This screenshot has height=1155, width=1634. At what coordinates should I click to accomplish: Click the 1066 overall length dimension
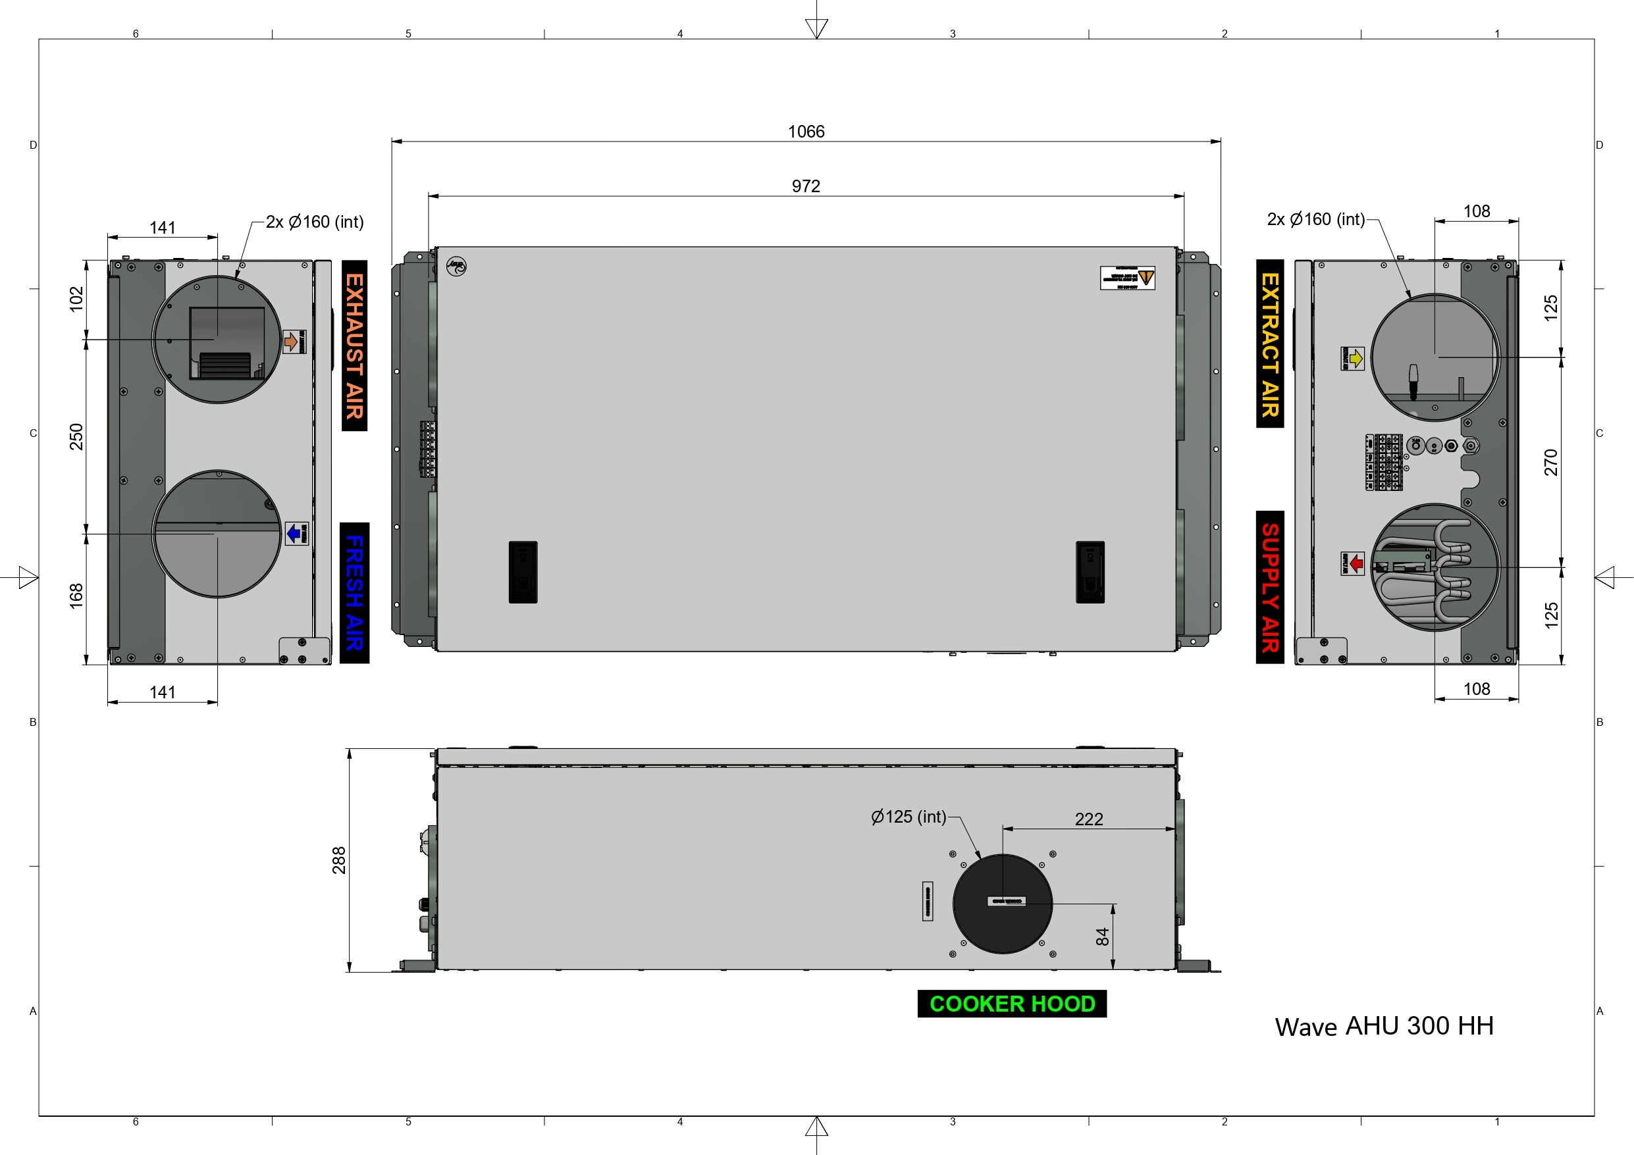pyautogui.click(x=806, y=132)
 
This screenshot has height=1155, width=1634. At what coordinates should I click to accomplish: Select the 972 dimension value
pyautogui.click(x=806, y=186)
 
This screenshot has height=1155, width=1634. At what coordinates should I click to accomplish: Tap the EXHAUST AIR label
pyautogui.click(x=354, y=346)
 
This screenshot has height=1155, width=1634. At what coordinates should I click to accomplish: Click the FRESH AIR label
pyautogui.click(x=354, y=593)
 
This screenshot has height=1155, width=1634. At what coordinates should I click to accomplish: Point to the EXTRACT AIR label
pyautogui.click(x=1270, y=344)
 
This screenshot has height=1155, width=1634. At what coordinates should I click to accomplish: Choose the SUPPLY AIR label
pyautogui.click(x=1270, y=587)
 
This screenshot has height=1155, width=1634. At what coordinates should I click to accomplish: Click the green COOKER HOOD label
pyautogui.click(x=1012, y=1004)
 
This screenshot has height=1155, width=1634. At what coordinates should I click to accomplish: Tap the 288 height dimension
pyautogui.click(x=340, y=860)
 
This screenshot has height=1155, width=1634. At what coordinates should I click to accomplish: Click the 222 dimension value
pyautogui.click(x=1089, y=819)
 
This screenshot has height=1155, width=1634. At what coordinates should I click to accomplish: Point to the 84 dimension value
pyautogui.click(x=1102, y=937)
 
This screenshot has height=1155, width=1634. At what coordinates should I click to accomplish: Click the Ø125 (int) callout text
pyautogui.click(x=908, y=817)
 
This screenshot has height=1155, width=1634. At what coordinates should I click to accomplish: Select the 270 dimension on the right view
pyautogui.click(x=1552, y=462)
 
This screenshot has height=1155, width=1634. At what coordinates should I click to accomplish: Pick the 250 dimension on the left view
pyautogui.click(x=76, y=436)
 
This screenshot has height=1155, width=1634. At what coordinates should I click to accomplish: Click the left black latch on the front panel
pyautogui.click(x=523, y=572)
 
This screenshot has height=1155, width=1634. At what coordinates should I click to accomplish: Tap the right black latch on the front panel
pyautogui.click(x=1090, y=572)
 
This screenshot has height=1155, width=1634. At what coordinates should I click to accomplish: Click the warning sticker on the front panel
pyautogui.click(x=1127, y=278)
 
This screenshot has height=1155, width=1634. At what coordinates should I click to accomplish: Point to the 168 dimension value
pyautogui.click(x=76, y=596)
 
